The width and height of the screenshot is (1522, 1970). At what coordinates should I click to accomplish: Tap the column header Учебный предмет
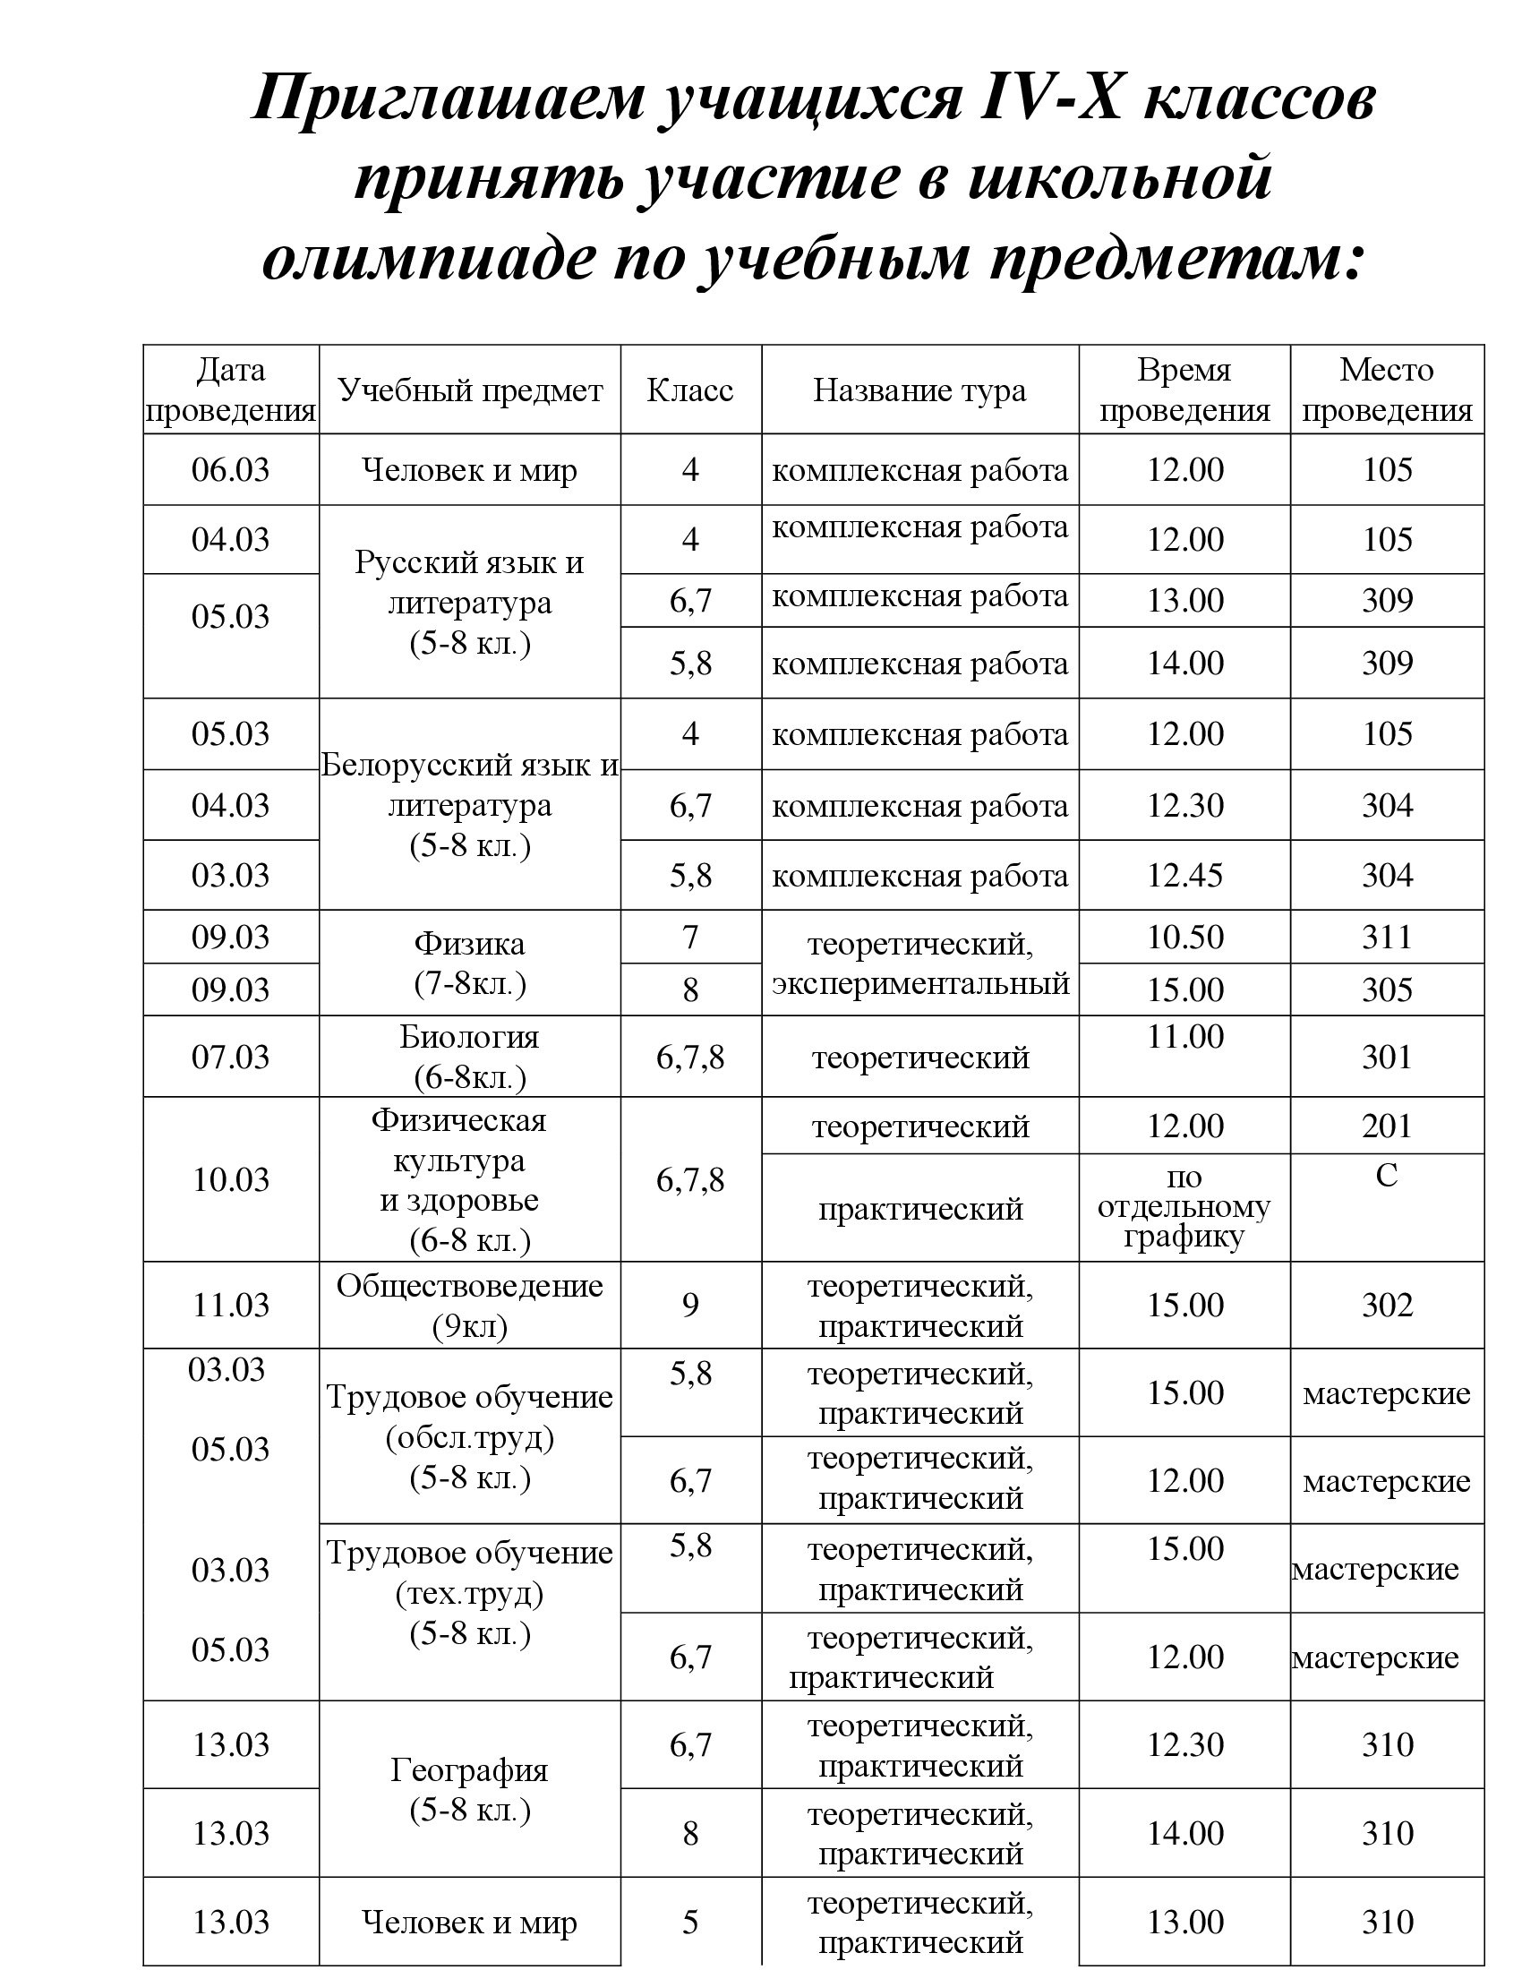pyautogui.click(x=470, y=390)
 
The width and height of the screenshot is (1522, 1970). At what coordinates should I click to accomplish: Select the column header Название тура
pyautogui.click(x=919, y=390)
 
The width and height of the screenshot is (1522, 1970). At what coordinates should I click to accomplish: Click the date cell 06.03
pyautogui.click(x=231, y=470)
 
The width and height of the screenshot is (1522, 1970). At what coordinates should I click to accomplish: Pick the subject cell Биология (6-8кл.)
pyautogui.click(x=470, y=1057)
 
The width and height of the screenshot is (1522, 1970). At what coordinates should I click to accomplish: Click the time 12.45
pyautogui.click(x=1184, y=875)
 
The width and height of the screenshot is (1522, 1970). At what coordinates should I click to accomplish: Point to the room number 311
pyautogui.click(x=1387, y=938)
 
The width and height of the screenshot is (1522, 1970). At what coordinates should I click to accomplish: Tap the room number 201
pyautogui.click(x=1387, y=1126)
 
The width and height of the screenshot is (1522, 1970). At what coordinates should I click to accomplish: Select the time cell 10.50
pyautogui.click(x=1184, y=938)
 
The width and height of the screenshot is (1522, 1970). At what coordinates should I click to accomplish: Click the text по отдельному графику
pyautogui.click(x=1184, y=1207)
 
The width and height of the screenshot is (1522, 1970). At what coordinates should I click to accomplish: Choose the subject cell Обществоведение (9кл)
pyautogui.click(x=470, y=1306)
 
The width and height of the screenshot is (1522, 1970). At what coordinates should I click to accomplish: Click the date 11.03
pyautogui.click(x=231, y=1306)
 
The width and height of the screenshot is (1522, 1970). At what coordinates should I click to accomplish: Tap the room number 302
pyautogui.click(x=1387, y=1306)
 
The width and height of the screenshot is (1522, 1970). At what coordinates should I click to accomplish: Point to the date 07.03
pyautogui.click(x=231, y=1057)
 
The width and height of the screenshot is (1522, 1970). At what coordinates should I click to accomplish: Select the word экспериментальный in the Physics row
pyautogui.click(x=920, y=982)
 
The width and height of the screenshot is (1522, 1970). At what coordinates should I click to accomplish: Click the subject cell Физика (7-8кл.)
pyautogui.click(x=470, y=963)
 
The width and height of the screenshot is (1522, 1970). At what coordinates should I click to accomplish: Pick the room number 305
pyautogui.click(x=1387, y=989)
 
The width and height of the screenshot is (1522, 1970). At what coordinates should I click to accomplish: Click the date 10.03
pyautogui.click(x=231, y=1180)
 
